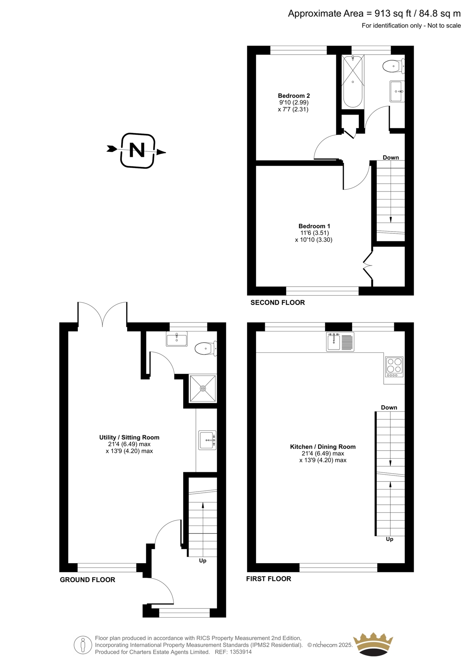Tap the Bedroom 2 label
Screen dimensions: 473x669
pyautogui.click(x=294, y=96)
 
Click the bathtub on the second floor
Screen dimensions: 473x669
pyautogui.click(x=353, y=81)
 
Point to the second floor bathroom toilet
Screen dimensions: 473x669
pyautogui.click(x=394, y=66)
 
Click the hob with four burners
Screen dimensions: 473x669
pyautogui.click(x=394, y=367)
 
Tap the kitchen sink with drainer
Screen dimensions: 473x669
pyautogui.click(x=340, y=342)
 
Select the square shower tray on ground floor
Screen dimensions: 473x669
pyautogui.click(x=203, y=388)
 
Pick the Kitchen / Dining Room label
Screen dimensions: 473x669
pyautogui.click(x=323, y=447)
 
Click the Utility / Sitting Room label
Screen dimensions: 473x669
pyautogui.click(x=129, y=437)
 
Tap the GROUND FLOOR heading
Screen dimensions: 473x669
pyautogui.click(x=87, y=580)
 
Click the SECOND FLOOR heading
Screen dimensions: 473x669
pyautogui.click(x=278, y=303)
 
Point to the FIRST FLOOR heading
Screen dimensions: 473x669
pyautogui.click(x=268, y=579)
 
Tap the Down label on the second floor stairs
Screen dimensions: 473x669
pyautogui.click(x=391, y=157)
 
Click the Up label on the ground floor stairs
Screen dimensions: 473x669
pyautogui.click(x=202, y=561)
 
